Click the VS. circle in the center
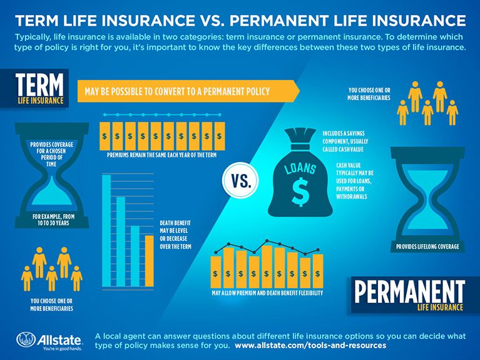(239, 182)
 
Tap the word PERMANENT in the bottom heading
(409, 291)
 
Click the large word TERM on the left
(40, 85)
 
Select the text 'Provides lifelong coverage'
(427, 247)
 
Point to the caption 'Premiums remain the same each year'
(162, 154)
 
